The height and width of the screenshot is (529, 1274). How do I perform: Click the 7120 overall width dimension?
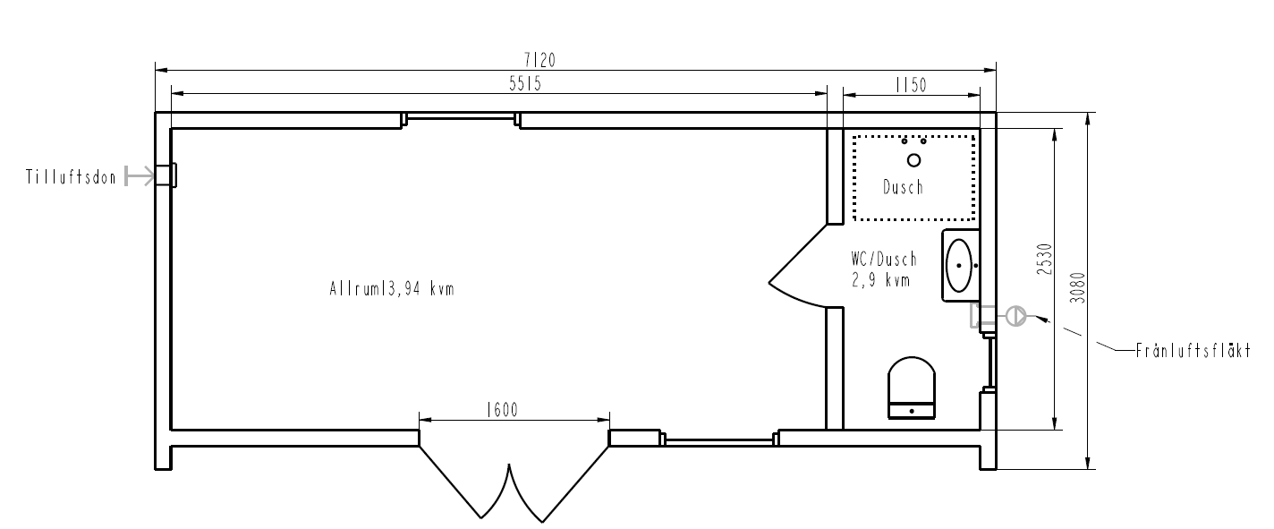click(539, 60)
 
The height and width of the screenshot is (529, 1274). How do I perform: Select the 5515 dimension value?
click(525, 84)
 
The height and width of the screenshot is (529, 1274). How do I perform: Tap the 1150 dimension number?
click(911, 85)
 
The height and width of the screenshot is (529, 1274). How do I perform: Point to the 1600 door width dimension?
click(502, 410)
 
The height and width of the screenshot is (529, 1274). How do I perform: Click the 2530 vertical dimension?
click(1045, 260)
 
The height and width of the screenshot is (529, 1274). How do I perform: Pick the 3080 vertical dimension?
click(1077, 288)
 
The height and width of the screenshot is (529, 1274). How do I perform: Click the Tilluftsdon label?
click(71, 177)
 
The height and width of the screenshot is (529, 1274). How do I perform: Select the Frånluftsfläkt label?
click(1193, 350)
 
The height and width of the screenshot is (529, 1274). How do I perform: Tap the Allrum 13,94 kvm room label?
click(392, 289)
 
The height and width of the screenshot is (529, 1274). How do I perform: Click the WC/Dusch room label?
click(885, 260)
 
